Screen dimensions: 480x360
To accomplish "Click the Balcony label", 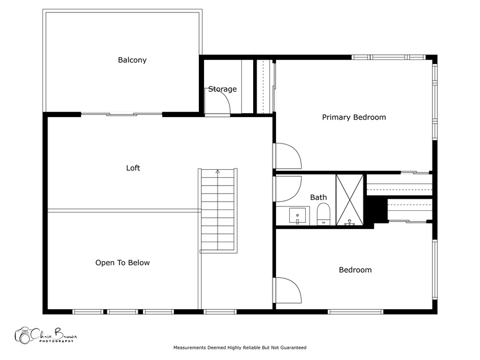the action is (x=132, y=60).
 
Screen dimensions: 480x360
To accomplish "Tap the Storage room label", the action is (x=222, y=89).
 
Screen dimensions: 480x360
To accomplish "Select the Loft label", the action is (x=133, y=168).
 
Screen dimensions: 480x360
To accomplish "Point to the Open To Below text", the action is (x=122, y=263).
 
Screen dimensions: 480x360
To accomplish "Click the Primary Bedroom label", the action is (x=354, y=117).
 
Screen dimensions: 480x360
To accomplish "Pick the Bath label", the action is (x=318, y=198).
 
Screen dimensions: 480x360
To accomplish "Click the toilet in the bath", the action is (x=323, y=214).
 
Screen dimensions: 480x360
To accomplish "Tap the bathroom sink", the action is (x=298, y=215).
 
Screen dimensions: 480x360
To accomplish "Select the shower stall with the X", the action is (x=350, y=200).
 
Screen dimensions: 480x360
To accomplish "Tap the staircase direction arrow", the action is (x=218, y=172).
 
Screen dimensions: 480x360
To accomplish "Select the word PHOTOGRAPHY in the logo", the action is (x=57, y=341).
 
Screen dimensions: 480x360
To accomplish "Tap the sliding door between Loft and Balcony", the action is (x=122, y=114).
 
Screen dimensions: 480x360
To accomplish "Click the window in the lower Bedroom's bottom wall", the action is (x=355, y=312).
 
